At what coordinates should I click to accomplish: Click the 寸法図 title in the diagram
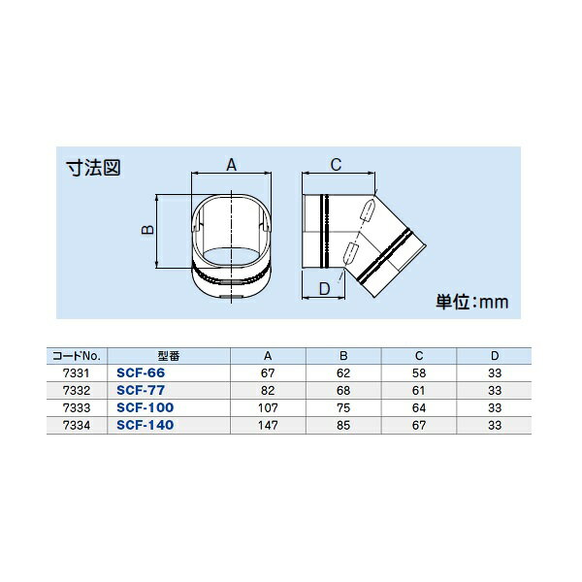tap(93, 168)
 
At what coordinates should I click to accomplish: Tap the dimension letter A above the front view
tap(231, 165)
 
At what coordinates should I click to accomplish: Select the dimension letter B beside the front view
tap(147, 230)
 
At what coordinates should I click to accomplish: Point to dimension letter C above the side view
tap(336, 165)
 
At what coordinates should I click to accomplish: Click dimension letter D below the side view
tap(325, 288)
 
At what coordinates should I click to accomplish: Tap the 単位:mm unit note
tap(471, 302)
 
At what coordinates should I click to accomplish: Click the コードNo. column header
tap(76, 356)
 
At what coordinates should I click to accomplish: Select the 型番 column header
tap(169, 356)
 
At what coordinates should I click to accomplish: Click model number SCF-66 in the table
tap(141, 372)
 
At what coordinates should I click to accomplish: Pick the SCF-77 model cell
tap(141, 390)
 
